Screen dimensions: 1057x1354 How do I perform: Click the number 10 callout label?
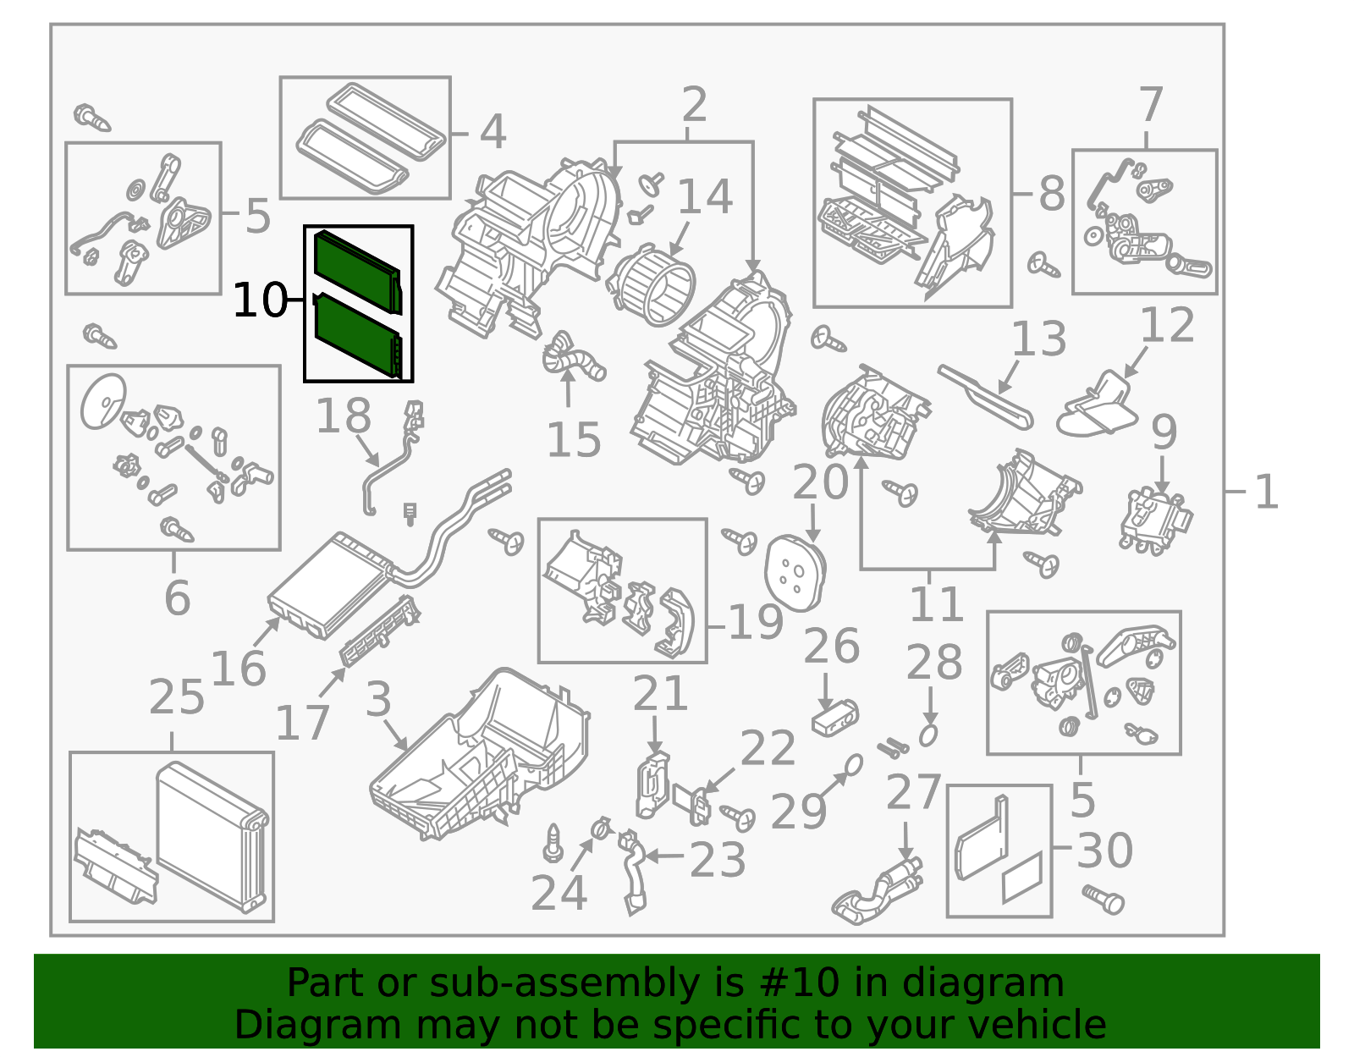tap(259, 300)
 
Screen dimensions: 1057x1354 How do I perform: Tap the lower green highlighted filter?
tap(355, 333)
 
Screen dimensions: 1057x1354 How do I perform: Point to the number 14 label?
tap(704, 197)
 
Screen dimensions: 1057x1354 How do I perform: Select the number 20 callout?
tap(819, 482)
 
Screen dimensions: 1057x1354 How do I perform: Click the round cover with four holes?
tap(795, 573)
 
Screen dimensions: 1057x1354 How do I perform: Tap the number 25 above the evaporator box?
tap(176, 698)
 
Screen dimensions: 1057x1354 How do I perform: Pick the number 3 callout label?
tap(378, 700)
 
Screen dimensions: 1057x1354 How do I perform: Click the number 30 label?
tap(1104, 851)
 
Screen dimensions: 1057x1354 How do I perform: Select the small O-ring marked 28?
tap(928, 735)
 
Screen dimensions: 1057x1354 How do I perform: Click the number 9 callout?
tap(1164, 432)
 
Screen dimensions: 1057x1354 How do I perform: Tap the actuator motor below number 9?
tap(1154, 521)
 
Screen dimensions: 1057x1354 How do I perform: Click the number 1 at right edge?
tap(1266, 492)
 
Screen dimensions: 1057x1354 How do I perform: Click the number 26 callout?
tap(831, 647)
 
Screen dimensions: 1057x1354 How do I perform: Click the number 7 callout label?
tap(1150, 106)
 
